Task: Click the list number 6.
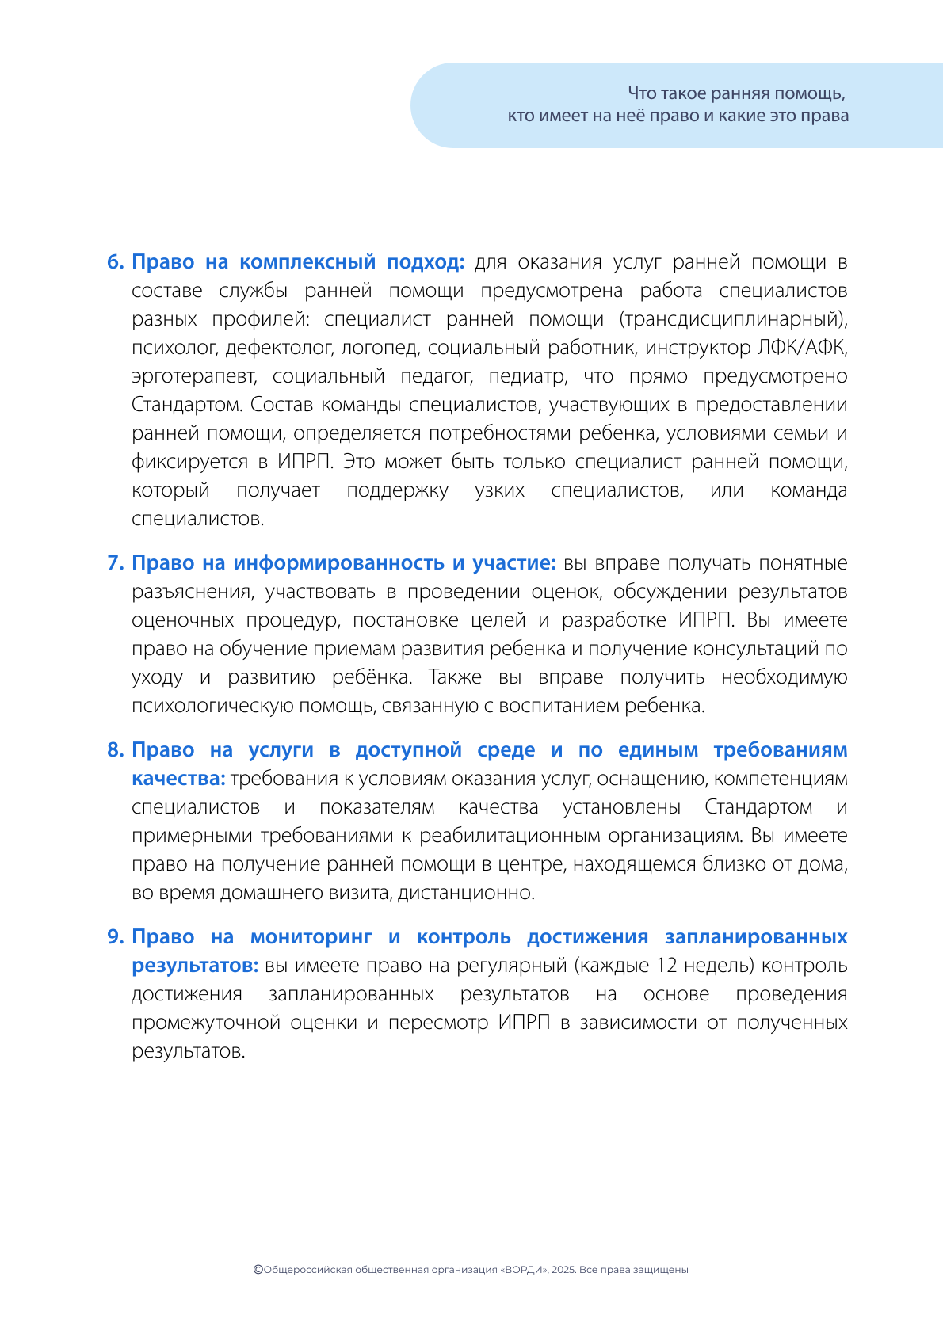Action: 115,262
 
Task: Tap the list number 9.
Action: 115,937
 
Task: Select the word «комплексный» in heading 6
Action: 307,262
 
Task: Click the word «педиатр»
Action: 528,376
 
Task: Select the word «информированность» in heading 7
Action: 338,563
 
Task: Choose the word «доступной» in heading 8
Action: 408,750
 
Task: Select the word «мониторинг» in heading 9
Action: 311,937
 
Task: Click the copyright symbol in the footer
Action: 258,1269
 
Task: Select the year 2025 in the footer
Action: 563,1270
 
